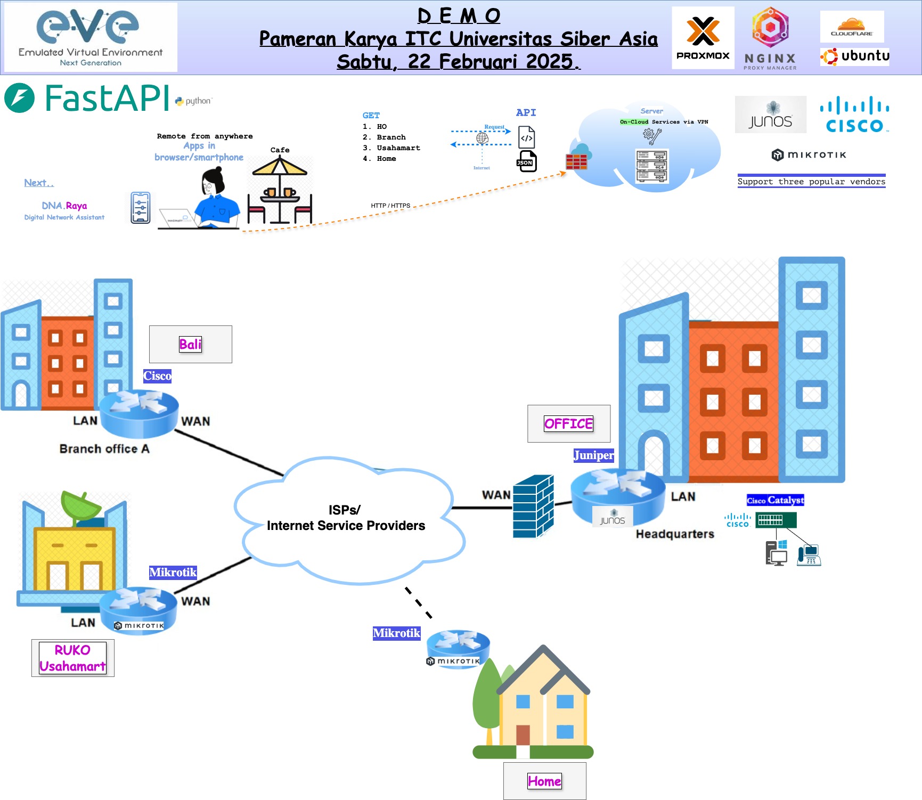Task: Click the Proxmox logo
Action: click(x=703, y=38)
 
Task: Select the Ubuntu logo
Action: click(x=855, y=56)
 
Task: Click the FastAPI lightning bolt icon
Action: click(x=20, y=98)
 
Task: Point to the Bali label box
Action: click(x=190, y=344)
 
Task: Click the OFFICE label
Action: click(x=568, y=423)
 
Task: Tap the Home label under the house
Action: click(x=544, y=781)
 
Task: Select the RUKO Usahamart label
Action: click(x=72, y=658)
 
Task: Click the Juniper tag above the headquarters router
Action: click(x=593, y=455)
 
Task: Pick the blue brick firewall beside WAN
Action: click(x=533, y=507)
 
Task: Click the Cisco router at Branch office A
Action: click(x=139, y=413)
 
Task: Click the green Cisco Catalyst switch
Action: click(x=776, y=520)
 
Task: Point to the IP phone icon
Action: click(x=809, y=555)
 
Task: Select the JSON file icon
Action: click(x=526, y=161)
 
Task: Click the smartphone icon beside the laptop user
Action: click(x=141, y=208)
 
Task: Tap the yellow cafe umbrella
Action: click(x=280, y=167)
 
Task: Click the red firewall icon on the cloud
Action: click(x=576, y=161)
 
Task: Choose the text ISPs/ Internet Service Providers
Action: click(x=346, y=518)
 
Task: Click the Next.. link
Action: click(x=39, y=183)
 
